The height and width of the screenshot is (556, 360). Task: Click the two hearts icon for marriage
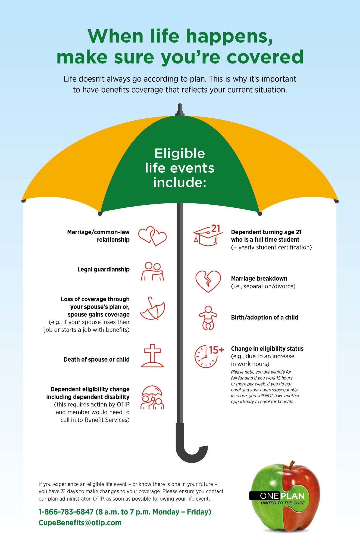152,236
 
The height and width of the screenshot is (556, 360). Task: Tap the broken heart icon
208,281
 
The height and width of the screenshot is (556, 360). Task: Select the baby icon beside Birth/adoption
208,318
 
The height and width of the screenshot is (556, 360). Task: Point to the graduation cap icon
208,236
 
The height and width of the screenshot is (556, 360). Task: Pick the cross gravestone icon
152,356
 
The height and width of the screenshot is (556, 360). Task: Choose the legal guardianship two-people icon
152,271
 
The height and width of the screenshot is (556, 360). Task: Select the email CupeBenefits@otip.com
80,523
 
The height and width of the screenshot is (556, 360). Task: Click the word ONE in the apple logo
269,496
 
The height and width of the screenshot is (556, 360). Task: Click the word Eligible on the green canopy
180,154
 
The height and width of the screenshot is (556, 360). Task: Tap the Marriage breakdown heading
259,279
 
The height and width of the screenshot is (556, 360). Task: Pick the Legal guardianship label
104,270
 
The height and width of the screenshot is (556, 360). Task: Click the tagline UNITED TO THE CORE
283,503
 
